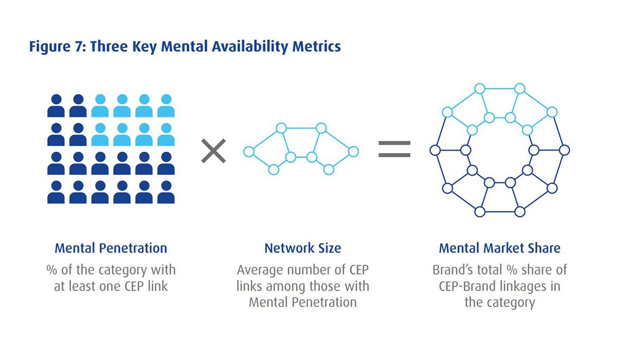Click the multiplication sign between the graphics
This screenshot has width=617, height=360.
pos(213,151)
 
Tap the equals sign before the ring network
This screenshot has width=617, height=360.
pos(394,149)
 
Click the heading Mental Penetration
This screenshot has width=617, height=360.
pos(111,248)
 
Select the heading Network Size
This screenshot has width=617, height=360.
pos(302,248)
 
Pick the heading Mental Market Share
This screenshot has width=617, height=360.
pos(499,248)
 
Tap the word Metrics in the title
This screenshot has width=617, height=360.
pos(315,46)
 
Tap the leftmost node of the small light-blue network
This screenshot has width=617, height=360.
pos(249,152)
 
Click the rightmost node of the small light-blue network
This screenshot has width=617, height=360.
pos(353,151)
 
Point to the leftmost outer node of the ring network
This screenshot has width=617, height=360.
pos(434,150)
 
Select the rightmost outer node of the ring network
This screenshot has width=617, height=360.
pos(565,150)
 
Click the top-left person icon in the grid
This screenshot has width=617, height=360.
pos(56,105)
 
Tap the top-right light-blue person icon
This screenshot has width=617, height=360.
pos(166,105)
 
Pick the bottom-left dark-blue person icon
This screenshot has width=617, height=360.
pos(56,191)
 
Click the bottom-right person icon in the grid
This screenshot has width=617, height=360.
pos(166,191)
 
